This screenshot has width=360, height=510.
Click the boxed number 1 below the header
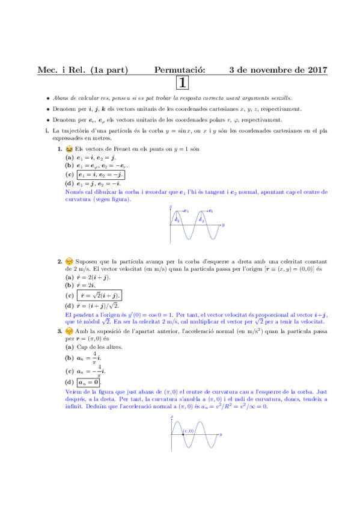click(182, 83)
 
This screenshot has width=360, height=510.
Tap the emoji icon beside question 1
click(69, 148)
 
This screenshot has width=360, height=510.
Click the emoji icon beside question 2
click(69, 261)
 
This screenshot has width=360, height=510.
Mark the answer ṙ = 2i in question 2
click(87, 286)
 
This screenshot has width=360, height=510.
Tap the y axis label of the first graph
click(223, 225)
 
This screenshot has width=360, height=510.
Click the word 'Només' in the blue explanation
click(73, 192)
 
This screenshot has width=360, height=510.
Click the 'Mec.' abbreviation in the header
click(47, 70)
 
